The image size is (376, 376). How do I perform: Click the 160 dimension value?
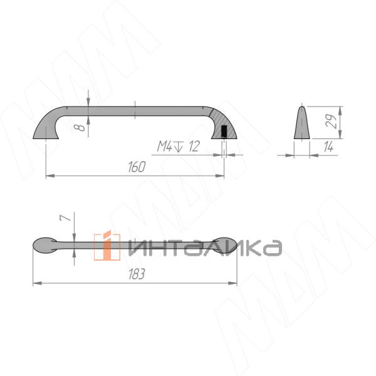coord(137,167)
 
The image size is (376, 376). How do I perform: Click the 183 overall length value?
coord(137,274)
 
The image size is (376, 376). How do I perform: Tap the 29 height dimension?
coord(332,121)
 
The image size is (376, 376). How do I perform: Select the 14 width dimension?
coord(328,147)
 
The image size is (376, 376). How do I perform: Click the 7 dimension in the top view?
coord(66,217)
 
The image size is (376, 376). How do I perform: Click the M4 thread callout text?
coord(164,146)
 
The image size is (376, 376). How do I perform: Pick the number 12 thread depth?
coord(194,146)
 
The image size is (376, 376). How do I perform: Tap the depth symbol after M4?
coord(179,146)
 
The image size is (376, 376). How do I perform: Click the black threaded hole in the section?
coord(224,131)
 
